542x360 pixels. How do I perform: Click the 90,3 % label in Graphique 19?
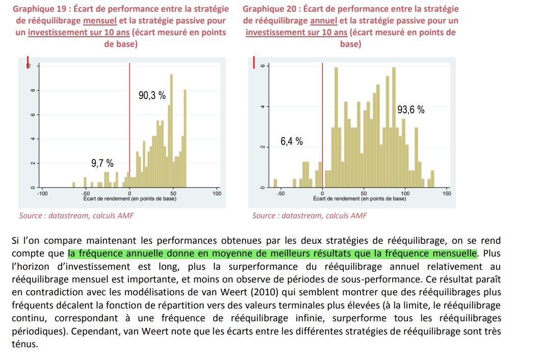coord(152,95)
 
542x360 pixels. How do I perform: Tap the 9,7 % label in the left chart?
coord(102,163)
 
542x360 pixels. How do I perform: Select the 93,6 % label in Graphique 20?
coord(410,110)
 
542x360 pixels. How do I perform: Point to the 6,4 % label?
coord(292,141)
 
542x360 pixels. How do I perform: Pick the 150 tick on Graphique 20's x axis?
coord(447,194)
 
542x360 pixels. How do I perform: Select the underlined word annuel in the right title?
coord(323,21)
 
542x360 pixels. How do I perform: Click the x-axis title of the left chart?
coord(130,199)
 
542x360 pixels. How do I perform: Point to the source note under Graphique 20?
coord(309,216)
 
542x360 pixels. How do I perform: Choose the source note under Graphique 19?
coord(76,216)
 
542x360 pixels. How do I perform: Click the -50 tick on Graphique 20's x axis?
coord(280,194)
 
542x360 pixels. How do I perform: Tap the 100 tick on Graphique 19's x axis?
coord(217,194)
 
